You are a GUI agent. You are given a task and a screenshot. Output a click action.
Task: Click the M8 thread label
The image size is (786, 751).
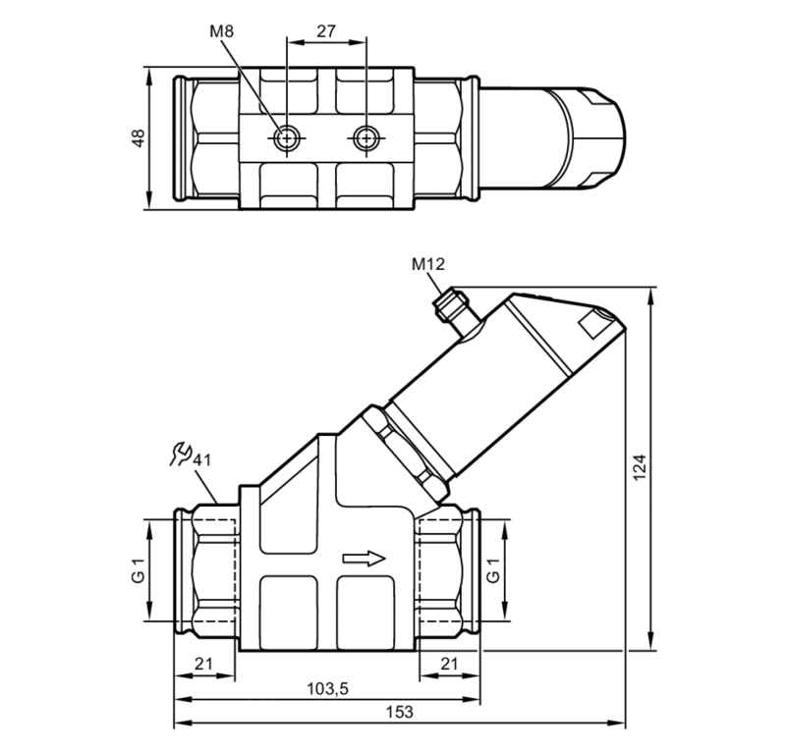(222, 31)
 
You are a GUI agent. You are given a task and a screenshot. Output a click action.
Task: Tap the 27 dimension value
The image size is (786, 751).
(326, 31)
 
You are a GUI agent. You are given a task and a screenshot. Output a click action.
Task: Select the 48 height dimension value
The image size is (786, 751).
(138, 138)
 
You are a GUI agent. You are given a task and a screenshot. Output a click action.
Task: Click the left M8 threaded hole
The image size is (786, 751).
(287, 137)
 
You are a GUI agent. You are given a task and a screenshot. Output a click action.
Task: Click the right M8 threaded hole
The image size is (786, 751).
(366, 137)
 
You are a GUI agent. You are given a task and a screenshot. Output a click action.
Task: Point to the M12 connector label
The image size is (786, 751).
(428, 264)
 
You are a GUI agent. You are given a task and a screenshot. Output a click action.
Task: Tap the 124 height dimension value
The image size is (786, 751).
(640, 467)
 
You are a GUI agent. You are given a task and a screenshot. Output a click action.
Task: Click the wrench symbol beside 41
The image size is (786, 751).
(181, 454)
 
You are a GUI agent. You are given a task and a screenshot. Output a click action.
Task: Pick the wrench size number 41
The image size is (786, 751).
(202, 459)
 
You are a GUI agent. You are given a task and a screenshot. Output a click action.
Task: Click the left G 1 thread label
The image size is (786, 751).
(138, 570)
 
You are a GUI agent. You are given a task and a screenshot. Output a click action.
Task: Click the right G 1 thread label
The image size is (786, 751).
(494, 570)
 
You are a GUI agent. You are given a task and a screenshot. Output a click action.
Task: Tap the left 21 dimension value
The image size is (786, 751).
(203, 664)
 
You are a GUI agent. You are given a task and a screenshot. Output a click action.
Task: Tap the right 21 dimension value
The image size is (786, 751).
(449, 664)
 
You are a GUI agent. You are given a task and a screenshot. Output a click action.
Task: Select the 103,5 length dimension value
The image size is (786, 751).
(327, 689)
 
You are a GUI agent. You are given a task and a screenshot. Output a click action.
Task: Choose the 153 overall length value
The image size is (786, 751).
(400, 712)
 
